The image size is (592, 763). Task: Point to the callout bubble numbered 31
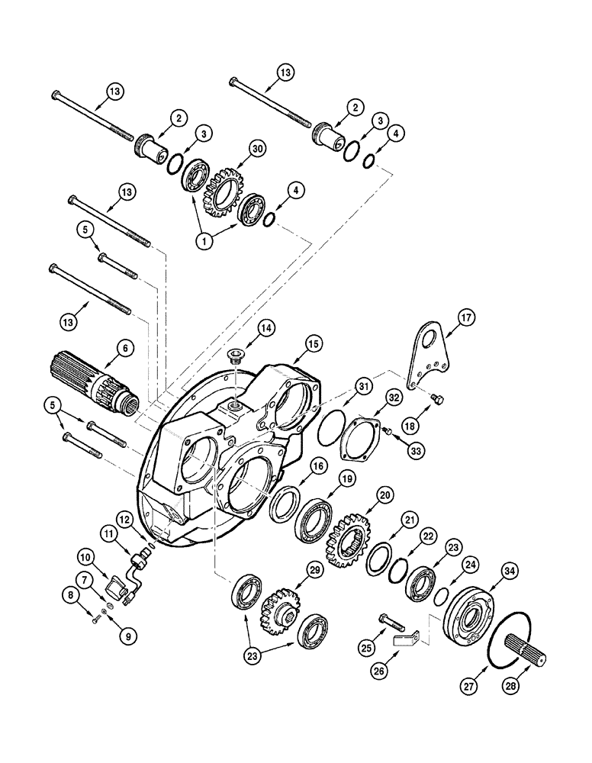pyautogui.click(x=365, y=388)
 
